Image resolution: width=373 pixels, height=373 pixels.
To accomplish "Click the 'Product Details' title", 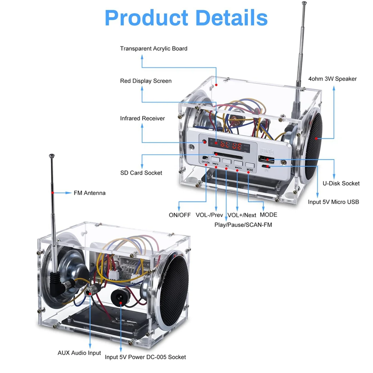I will (x=186, y=18).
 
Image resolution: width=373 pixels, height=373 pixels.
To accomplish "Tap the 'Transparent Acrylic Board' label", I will (x=154, y=48).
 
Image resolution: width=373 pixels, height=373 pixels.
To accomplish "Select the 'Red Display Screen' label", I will (x=146, y=81).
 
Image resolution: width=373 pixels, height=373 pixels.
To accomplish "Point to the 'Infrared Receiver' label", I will (x=142, y=118).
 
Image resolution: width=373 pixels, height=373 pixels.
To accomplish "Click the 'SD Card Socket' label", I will (x=141, y=173).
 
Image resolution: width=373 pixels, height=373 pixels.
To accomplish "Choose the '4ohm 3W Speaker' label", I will (x=332, y=79).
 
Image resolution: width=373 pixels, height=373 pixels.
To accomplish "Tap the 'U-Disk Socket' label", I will (x=341, y=183).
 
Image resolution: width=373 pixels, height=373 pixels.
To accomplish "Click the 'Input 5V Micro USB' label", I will (x=333, y=202).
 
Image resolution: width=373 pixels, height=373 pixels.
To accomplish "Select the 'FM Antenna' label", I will (x=90, y=193).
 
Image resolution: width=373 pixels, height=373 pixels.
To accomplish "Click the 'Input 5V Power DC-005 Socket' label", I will (x=145, y=357).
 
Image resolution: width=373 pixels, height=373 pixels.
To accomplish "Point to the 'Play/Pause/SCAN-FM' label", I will (x=243, y=225).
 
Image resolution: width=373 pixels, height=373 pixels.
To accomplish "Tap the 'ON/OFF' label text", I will (x=180, y=215).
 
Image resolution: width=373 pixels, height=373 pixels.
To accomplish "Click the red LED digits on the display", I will (x=231, y=145).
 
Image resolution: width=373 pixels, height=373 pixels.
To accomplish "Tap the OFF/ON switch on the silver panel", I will (x=205, y=158).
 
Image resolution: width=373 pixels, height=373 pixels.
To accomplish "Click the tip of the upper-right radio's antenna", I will (x=304, y=4).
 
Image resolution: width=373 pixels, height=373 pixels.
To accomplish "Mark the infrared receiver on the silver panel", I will (x=204, y=142).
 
